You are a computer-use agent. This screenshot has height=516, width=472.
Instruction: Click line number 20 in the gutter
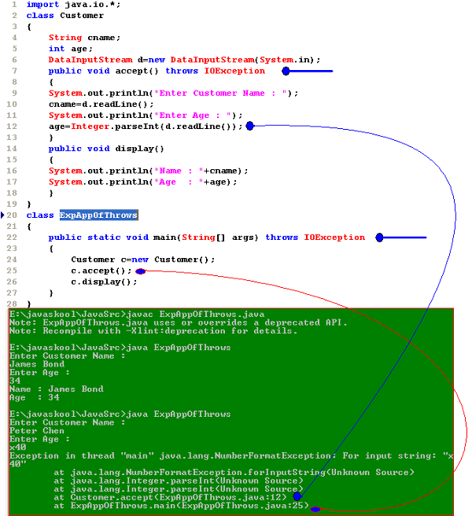tap(13, 215)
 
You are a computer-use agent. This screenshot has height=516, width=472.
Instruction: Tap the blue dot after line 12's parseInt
tap(249, 126)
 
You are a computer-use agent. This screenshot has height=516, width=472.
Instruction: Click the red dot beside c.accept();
tap(140, 271)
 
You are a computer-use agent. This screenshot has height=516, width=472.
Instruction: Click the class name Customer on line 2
tap(82, 15)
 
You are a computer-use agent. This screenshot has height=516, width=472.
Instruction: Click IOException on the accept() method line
tap(234, 71)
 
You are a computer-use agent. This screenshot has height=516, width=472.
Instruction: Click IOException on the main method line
tap(334, 237)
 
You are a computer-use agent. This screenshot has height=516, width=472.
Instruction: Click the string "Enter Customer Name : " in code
tap(231, 93)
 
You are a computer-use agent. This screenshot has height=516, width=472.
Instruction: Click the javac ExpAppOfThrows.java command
tap(188, 314)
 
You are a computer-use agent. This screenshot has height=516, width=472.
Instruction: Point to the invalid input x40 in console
tap(17, 447)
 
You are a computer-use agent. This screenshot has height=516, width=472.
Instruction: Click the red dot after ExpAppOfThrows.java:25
tap(315, 509)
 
